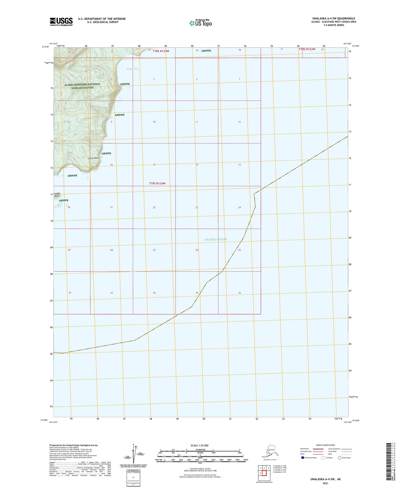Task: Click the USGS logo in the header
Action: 61,22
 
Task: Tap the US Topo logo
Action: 200,23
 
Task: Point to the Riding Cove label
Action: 133,69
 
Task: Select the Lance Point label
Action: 93,158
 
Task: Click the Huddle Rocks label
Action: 57,195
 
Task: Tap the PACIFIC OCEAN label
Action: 216,239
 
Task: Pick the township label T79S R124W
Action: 157,183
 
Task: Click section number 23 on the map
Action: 197,208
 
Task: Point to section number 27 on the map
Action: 154,250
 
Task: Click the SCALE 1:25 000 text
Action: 199,445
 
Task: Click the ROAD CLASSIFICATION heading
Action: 325,445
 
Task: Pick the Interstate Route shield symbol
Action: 303,458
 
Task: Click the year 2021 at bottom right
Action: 325,483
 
